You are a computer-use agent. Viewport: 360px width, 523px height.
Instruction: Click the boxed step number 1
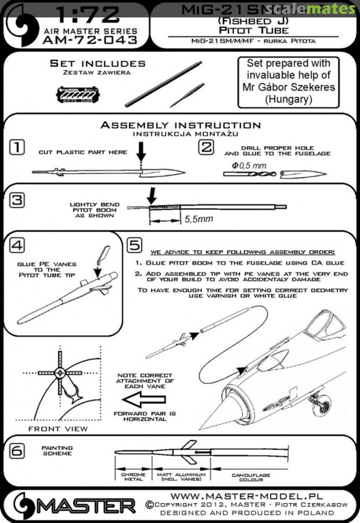(17, 147)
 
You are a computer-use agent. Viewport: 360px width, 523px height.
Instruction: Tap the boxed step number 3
(17, 200)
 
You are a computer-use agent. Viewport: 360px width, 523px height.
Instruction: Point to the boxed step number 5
(135, 246)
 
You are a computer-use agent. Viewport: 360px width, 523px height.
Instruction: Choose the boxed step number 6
(17, 451)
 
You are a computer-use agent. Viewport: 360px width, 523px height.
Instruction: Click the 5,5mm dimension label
(198, 219)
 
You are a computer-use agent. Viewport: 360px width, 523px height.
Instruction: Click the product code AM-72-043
(90, 40)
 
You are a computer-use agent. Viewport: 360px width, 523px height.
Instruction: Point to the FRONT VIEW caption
(58, 429)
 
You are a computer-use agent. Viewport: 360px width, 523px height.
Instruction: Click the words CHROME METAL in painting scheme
(133, 477)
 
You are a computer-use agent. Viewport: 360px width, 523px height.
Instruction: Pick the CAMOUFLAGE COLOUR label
(251, 477)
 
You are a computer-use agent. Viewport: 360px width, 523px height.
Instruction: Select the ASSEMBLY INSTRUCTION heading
(180, 125)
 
